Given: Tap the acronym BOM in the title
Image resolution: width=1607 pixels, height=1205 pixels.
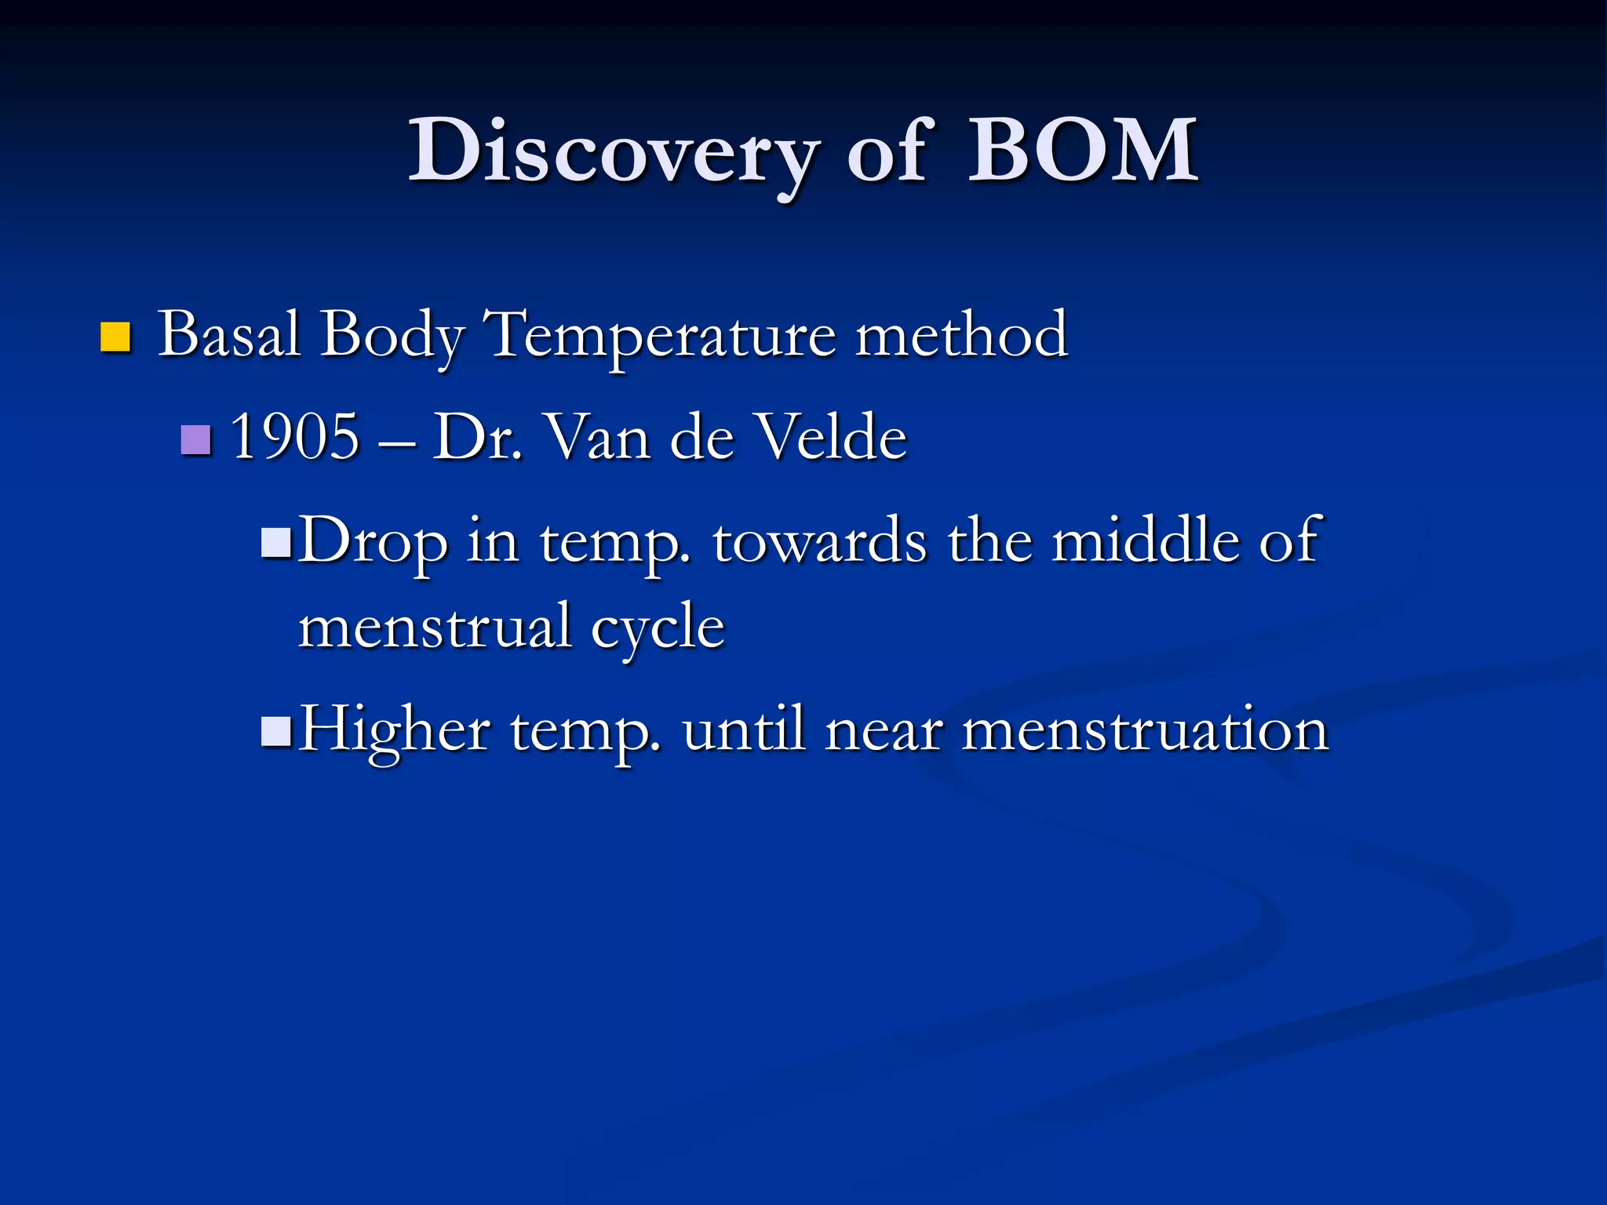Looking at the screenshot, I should pos(1082,151).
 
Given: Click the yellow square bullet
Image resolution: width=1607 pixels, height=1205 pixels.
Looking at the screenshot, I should pos(115,337).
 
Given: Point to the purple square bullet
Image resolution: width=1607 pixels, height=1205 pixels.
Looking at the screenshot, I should pos(195,440).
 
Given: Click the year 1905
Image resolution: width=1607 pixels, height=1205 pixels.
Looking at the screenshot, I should pos(295,437).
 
